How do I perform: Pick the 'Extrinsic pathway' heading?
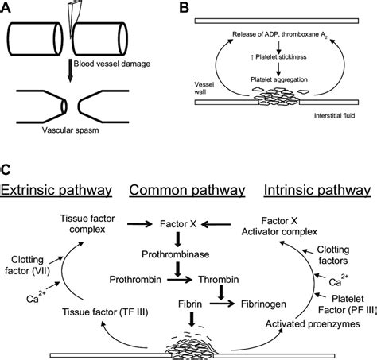pyautogui.click(x=53, y=192)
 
